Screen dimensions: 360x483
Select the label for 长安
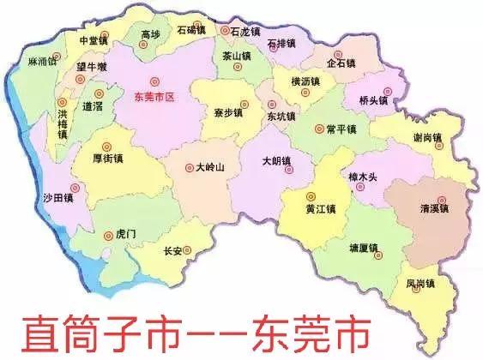tap(172, 251)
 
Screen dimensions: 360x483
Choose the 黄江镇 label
tap(320, 208)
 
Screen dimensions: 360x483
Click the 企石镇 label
tap(341, 63)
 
